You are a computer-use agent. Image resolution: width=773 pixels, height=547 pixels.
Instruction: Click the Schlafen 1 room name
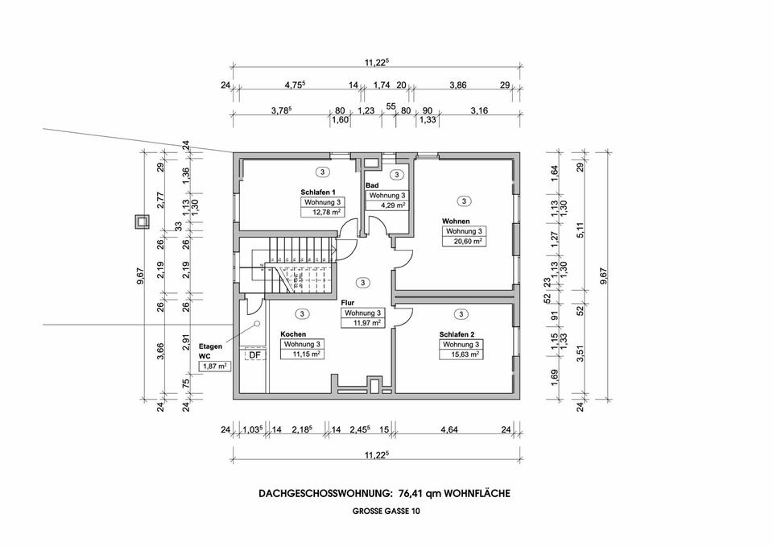coord(318,192)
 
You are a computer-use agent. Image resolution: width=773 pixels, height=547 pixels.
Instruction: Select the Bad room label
coord(372,185)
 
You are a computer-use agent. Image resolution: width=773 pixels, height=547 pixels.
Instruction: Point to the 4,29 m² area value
coord(386,205)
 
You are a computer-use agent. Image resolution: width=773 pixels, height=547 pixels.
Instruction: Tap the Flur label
coord(348,303)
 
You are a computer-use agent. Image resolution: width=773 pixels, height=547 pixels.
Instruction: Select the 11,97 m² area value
coord(362,323)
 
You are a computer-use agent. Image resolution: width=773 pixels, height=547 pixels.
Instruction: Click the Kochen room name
coord(293,334)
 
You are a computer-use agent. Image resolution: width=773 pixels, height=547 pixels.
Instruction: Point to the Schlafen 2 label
coord(457,334)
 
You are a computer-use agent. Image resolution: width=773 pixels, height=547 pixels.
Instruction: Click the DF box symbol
coord(254,355)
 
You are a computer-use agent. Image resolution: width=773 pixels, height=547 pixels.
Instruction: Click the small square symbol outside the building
coord(142,222)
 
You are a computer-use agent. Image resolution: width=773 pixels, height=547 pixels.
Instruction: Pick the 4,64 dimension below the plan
coord(449,430)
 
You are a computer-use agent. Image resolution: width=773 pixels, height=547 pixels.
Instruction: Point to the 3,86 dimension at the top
coord(457,85)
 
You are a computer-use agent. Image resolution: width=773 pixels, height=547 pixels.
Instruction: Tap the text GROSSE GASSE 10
coord(384,512)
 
